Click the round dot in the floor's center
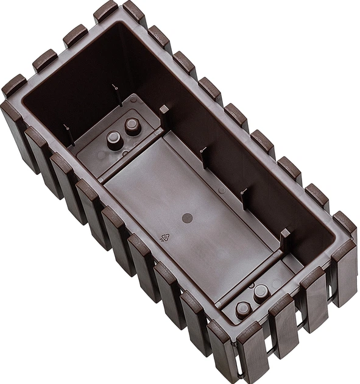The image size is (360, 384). (x=188, y=218)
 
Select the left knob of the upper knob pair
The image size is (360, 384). (x=114, y=139)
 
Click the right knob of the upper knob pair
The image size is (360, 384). (x=132, y=126)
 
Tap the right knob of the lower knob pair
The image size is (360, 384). (x=261, y=293)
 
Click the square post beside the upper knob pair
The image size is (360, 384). (x=163, y=110)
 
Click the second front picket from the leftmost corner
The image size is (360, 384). (x=37, y=152)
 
